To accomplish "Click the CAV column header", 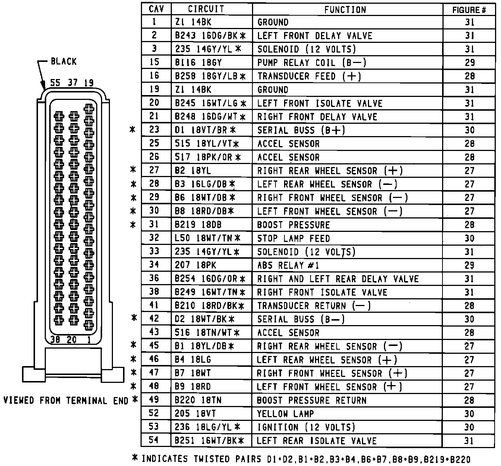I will click(156, 9).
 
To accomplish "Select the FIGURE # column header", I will click(469, 10).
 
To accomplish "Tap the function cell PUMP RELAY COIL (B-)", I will click(312, 63).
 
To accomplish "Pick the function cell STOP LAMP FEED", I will click(293, 238).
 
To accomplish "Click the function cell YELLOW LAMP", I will click(286, 413).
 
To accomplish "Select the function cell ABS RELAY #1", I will click(288, 265).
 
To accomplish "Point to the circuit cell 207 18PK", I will click(195, 265).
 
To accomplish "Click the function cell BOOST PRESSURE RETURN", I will click(312, 400).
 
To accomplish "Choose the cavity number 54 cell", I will click(154, 440).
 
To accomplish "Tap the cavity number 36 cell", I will click(154, 278).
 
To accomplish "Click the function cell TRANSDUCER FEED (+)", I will click(309, 76).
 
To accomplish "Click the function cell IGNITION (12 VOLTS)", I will click(306, 427).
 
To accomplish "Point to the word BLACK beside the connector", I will click(63, 62).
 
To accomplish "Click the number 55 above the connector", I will click(55, 83).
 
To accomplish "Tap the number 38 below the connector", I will click(55, 340).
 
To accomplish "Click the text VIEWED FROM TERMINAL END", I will click(66, 400).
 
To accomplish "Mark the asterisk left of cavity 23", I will click(132, 130).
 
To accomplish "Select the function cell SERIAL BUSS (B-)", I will click(301, 319).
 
